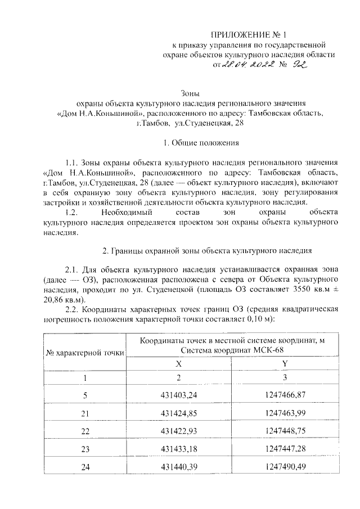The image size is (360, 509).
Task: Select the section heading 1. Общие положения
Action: pos(190,143)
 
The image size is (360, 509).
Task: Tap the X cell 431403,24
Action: pos(179,396)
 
